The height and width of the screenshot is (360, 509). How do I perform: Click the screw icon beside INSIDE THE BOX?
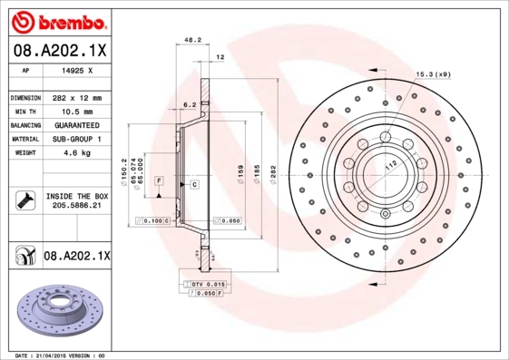[23, 201]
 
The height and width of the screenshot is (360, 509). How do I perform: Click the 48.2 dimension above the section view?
[192, 41]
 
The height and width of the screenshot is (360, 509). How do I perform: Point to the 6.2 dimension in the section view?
[190, 105]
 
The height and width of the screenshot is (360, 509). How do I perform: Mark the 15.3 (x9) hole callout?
[434, 74]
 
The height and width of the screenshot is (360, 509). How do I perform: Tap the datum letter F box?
[158, 182]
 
